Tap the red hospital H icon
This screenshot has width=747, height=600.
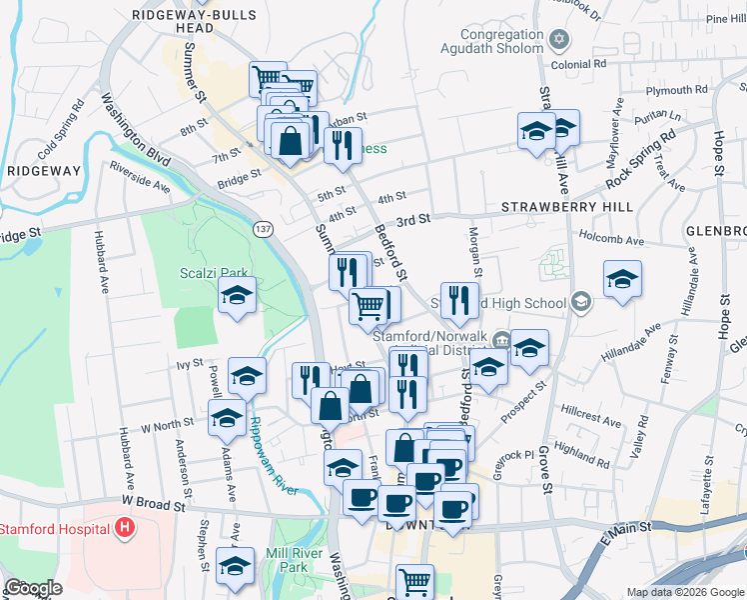(125, 527)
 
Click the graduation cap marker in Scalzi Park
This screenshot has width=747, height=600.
(237, 296)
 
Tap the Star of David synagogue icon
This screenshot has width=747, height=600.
(559, 40)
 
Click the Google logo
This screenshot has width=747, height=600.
(33, 588)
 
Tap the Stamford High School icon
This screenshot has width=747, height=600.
(581, 302)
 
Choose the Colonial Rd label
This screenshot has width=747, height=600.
(585, 63)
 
